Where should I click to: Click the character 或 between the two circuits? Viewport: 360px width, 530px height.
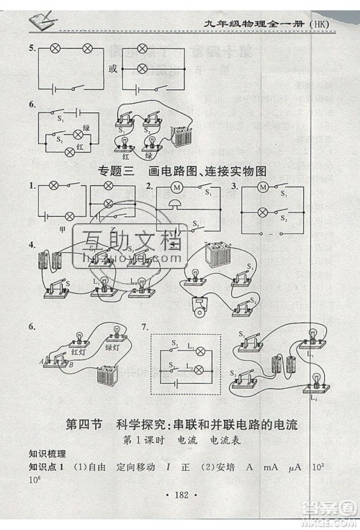click(x=112, y=70)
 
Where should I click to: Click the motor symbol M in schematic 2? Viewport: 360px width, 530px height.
click(x=176, y=189)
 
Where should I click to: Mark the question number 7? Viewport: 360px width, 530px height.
click(x=145, y=328)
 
